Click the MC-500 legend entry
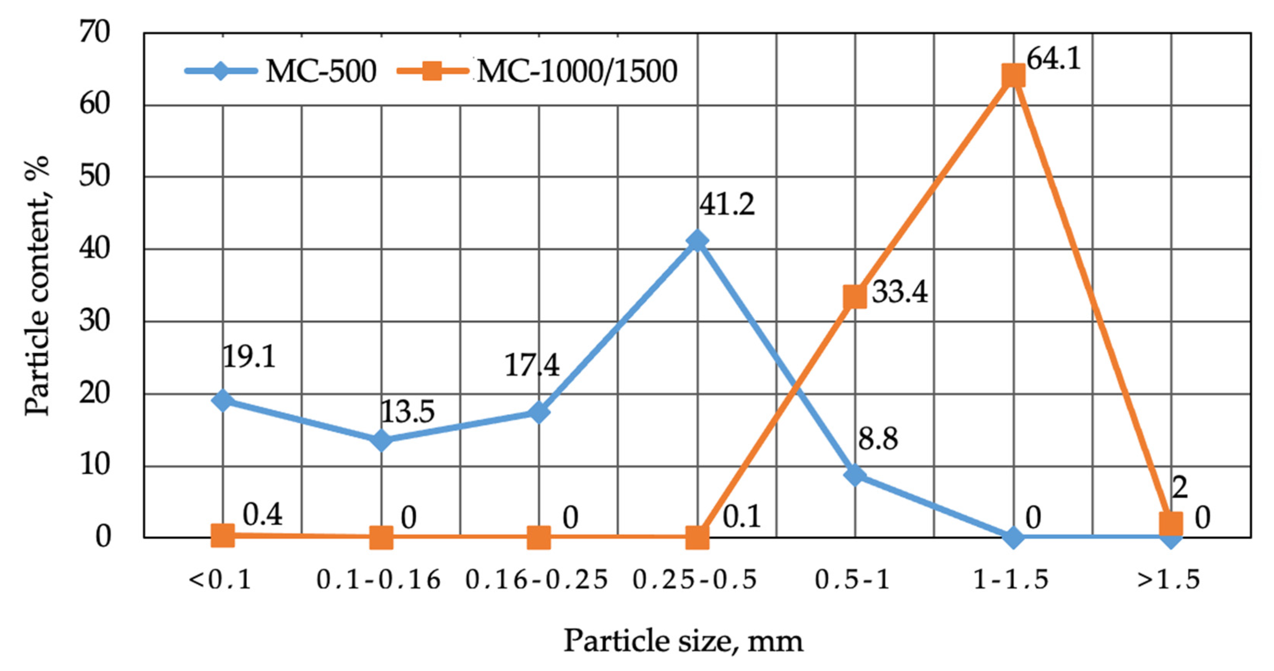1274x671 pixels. tap(281, 71)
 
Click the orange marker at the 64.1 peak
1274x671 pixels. tap(1013, 76)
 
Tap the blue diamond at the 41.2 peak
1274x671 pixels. tap(697, 241)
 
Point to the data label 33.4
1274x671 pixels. tap(900, 292)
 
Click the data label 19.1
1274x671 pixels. tap(249, 356)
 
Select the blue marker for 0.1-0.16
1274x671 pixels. tap(381, 440)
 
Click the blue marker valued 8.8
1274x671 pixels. tap(855, 475)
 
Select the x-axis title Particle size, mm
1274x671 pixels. tap(683, 641)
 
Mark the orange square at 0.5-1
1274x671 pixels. tap(855, 297)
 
